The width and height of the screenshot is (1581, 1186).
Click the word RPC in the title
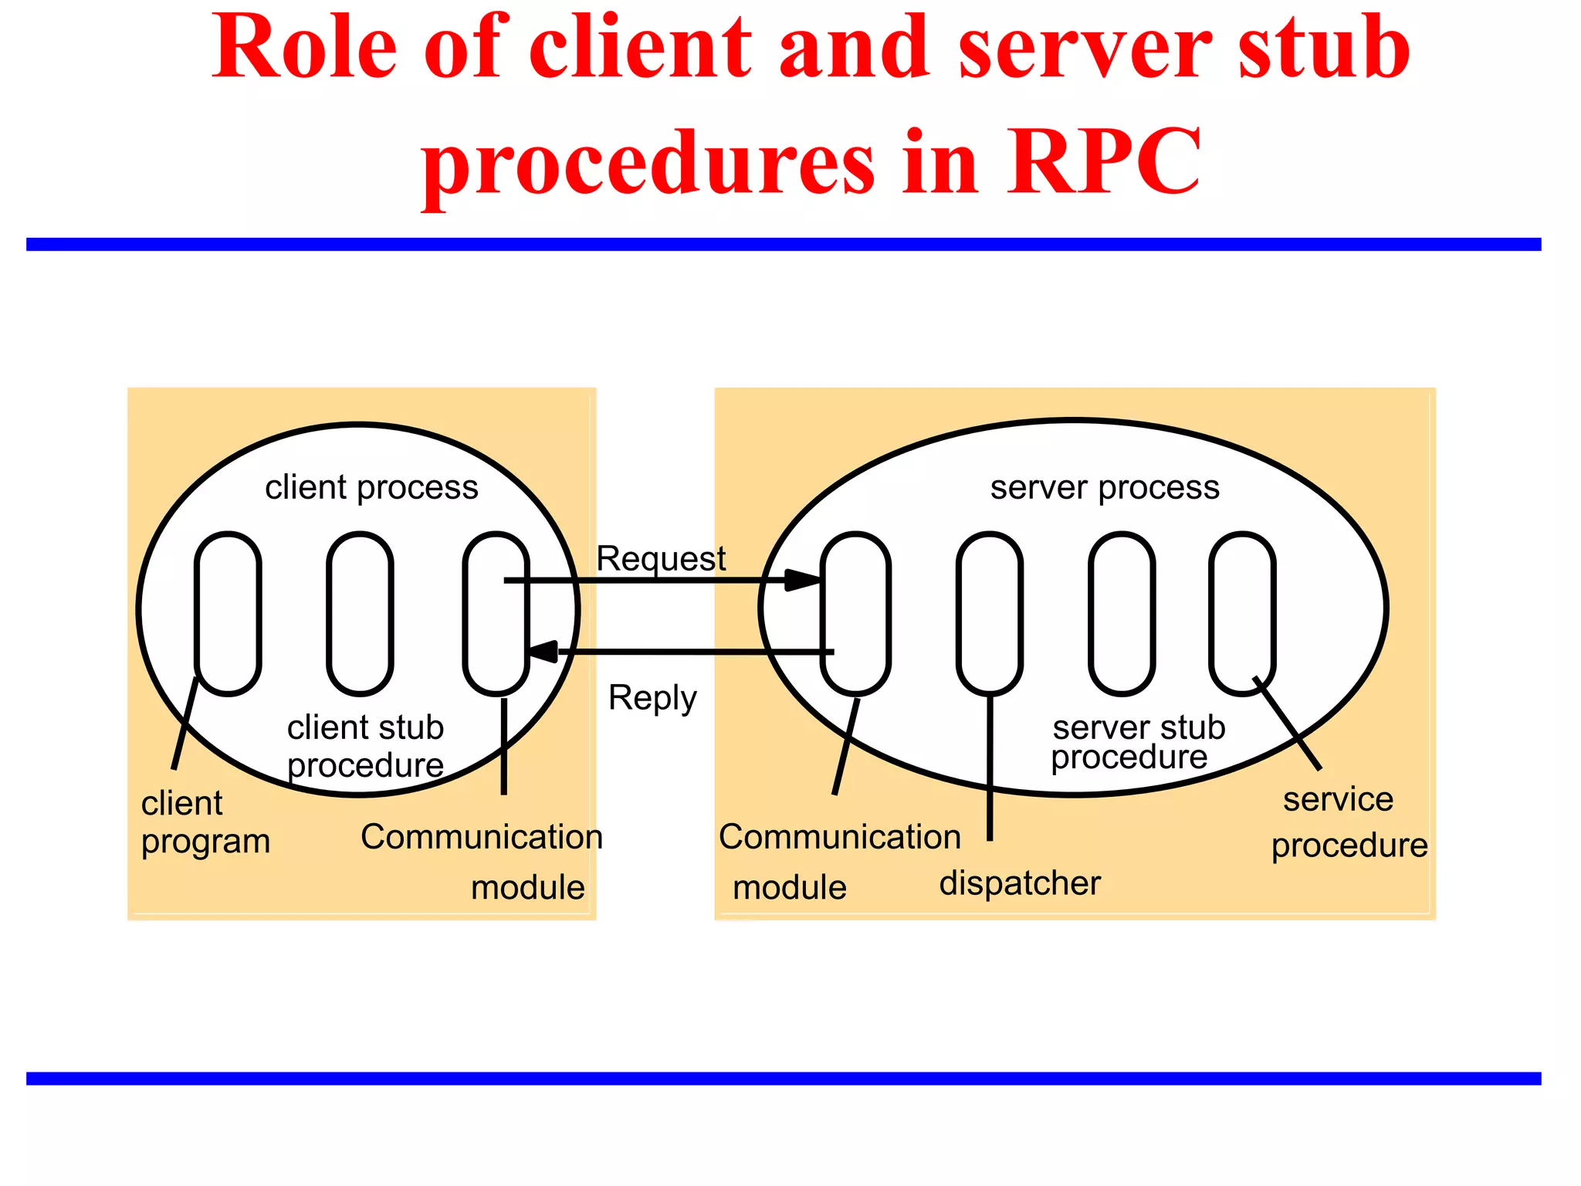[x=1104, y=162]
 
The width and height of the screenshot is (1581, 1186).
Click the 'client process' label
[x=371, y=488]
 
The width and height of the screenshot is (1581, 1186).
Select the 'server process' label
[x=1105, y=488]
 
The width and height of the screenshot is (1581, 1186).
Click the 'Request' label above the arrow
[x=661, y=558]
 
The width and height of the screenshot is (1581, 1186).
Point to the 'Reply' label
[x=652, y=698]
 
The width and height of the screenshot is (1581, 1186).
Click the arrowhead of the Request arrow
[x=803, y=580]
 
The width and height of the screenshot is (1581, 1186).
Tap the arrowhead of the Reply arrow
[x=543, y=652]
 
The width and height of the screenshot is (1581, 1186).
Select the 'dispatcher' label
[x=1020, y=883]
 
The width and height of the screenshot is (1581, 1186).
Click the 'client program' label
[x=205, y=822]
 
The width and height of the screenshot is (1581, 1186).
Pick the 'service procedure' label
[x=1349, y=822]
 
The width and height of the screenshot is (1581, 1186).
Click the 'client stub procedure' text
[x=365, y=746]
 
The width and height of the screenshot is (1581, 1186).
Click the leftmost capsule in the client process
[x=228, y=613]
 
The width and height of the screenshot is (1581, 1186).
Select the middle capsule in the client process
[x=360, y=613]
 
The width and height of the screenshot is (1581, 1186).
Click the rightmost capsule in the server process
[x=1242, y=613]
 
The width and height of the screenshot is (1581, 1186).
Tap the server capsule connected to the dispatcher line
[x=989, y=613]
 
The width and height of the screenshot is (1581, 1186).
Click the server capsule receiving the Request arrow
[x=855, y=613]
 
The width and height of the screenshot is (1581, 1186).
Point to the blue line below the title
[x=784, y=244]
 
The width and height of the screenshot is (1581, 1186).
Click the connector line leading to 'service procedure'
[x=1288, y=723]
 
